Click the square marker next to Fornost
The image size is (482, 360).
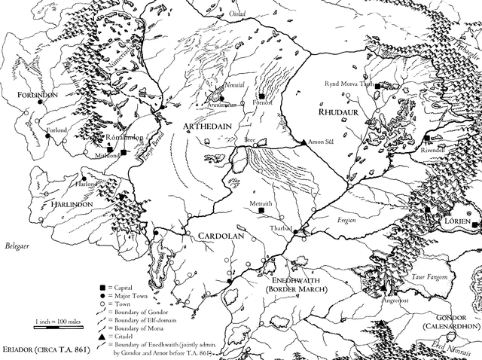coord(261,96)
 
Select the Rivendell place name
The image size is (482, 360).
coord(439,148)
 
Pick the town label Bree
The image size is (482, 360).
coord(251,141)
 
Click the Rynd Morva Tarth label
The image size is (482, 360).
coord(349,84)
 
